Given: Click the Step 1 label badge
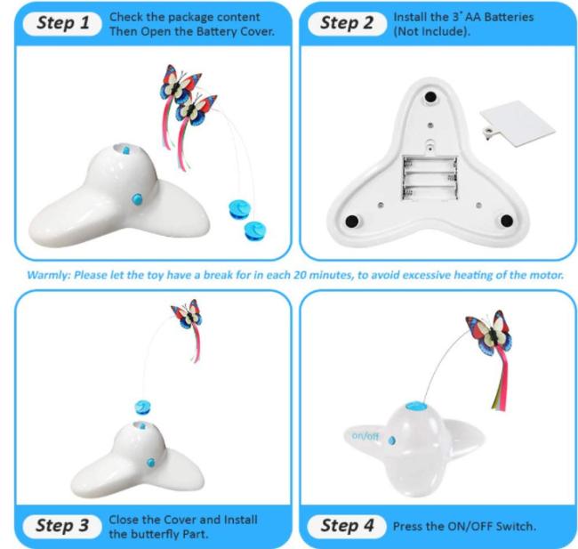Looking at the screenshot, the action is pos(62,24).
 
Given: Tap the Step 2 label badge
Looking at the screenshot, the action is pos(347,24).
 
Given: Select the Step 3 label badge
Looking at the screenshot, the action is pos(62,526).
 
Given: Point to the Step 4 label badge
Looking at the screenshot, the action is pos(347,526).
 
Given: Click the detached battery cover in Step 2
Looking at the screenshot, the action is pos(518,123).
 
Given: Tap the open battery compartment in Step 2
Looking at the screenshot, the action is pos(429,179).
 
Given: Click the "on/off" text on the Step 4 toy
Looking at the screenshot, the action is pos(365,437).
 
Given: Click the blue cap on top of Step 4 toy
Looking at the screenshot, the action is pos(416,407).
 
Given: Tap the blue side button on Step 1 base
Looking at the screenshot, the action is pos(137,199).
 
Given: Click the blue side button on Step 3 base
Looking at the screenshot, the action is pos(150,463).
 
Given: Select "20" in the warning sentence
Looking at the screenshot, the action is pos(300,275).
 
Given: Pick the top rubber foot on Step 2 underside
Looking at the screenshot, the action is pos(430,97).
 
